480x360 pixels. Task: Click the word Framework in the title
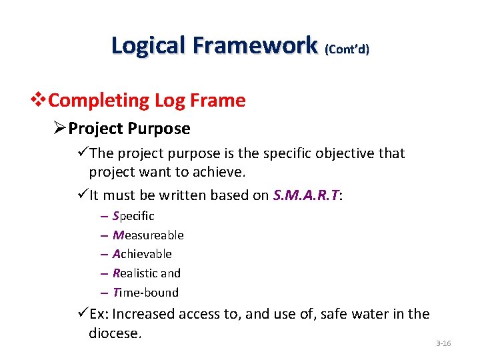(254, 45)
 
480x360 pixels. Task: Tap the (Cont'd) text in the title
(347, 49)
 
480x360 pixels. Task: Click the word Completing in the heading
(99, 101)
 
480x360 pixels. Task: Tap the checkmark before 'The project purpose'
(83, 153)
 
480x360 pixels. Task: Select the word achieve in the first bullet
(221, 173)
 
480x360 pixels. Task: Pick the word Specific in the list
(133, 216)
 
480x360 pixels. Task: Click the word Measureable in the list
(148, 235)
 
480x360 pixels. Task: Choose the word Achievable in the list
(142, 254)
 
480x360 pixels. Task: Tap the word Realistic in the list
(135, 273)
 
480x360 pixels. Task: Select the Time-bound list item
(145, 293)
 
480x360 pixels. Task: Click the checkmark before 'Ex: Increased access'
(83, 314)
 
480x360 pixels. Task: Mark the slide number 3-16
(443, 343)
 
